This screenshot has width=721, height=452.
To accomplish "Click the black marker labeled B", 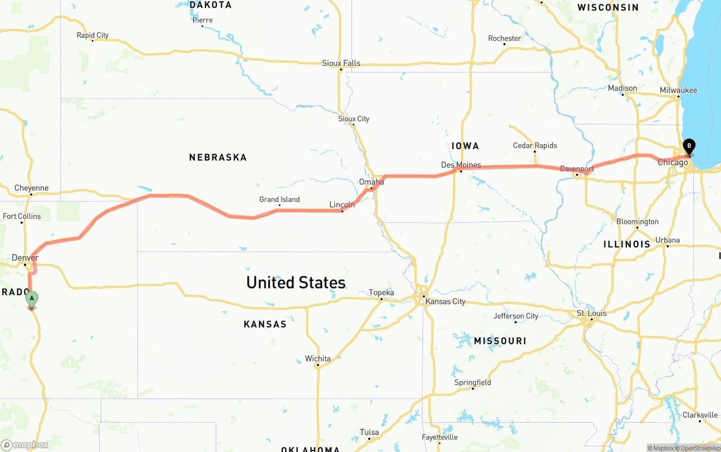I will [x=688, y=146].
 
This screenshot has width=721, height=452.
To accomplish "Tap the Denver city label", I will [x=25, y=258].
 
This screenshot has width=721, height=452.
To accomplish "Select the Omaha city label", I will [x=371, y=182].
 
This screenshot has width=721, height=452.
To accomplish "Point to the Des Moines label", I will [x=461, y=165].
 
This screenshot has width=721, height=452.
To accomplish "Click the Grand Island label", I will [x=279, y=199].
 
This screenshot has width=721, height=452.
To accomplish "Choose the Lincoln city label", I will [x=342, y=204].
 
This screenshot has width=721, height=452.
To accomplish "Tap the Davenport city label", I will [x=577, y=169].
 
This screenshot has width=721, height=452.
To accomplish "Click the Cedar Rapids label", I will [x=535, y=145].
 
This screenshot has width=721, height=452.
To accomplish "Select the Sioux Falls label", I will [x=341, y=63].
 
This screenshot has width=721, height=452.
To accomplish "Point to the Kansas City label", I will [x=446, y=301].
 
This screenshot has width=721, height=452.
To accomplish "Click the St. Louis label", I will [x=590, y=313].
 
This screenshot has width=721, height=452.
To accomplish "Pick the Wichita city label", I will [x=318, y=359].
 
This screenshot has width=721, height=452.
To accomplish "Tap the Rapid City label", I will [x=92, y=35].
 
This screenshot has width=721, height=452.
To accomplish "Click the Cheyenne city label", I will [x=32, y=188].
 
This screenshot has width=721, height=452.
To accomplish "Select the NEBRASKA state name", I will [x=218, y=157].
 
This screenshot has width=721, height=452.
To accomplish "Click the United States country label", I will [x=296, y=282].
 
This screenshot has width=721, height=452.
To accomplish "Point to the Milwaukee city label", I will [x=678, y=90].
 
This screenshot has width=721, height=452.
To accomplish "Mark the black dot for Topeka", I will [x=381, y=299].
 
